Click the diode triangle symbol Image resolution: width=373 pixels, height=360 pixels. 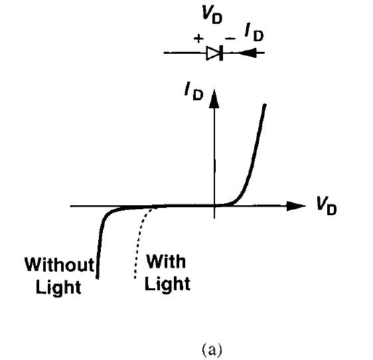[x=212, y=53]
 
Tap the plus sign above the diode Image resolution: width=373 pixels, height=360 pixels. [x=198, y=38]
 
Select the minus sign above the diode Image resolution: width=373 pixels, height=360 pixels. [x=230, y=38]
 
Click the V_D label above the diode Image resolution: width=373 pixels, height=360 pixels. [x=212, y=15]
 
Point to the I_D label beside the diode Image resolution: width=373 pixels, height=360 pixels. [x=254, y=33]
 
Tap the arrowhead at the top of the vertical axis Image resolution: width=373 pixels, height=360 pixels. [x=214, y=98]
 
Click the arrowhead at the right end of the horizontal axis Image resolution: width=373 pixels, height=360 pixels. [x=296, y=206]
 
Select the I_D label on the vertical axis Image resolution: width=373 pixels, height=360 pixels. [x=194, y=92]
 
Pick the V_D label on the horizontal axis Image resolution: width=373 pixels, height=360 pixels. [x=327, y=206]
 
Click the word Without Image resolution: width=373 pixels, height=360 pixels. [x=60, y=264]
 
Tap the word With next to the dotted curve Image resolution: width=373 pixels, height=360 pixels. [x=166, y=262]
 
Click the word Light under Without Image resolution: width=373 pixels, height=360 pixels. [x=58, y=287]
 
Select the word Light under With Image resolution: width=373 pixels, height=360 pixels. [x=167, y=284]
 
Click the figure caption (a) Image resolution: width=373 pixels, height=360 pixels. [x=212, y=349]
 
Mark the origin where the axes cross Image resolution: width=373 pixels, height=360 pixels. [x=214, y=206]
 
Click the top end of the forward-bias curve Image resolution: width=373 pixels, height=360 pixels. [x=265, y=105]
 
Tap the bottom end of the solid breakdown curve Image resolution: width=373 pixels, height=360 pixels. [x=98, y=278]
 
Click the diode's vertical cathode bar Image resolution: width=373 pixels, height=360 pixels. [x=221, y=53]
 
